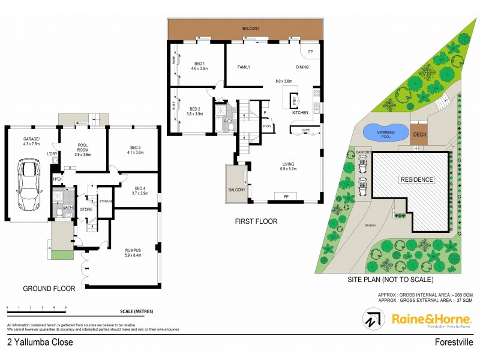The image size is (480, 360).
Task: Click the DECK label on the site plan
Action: point(419,134)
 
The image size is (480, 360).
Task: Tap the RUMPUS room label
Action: point(133,251)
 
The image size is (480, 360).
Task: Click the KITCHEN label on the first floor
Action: point(300,112)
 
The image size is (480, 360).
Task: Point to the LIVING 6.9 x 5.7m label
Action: point(291,166)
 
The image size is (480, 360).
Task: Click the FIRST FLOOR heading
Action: point(257,221)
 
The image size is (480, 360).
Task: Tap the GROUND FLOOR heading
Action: point(49,289)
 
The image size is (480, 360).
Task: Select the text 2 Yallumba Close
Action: point(40,343)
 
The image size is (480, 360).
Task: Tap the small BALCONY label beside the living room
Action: point(236,190)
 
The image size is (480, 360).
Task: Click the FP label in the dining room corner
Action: point(310,52)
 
